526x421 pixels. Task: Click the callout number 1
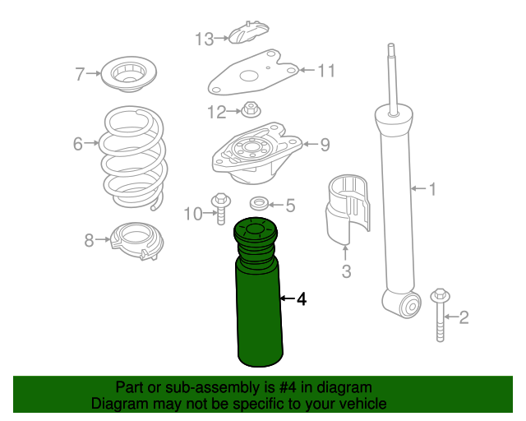point(431,190)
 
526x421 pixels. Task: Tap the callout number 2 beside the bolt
point(464,317)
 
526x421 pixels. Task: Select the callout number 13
point(204,38)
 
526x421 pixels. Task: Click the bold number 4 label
point(301,299)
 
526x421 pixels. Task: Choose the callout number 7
point(80,75)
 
